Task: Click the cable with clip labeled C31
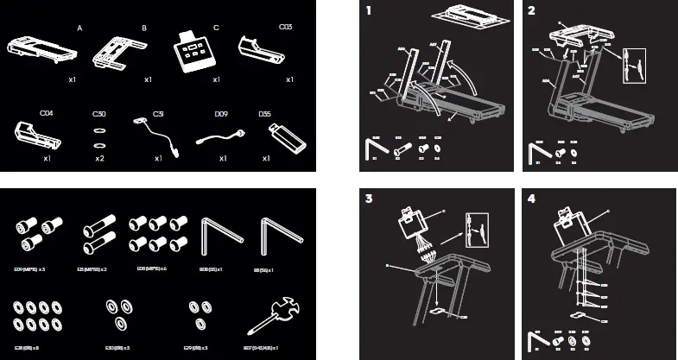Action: coord(155,134)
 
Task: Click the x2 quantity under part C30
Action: coord(100,159)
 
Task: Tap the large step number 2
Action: coord(531,12)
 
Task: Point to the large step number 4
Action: coord(531,199)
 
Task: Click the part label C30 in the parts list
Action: coord(100,114)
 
